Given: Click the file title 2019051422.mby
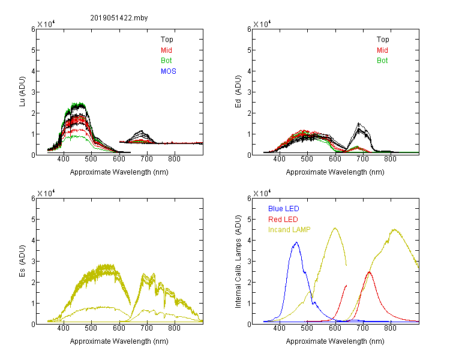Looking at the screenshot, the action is (119, 18).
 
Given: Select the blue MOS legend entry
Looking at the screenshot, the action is (169, 71).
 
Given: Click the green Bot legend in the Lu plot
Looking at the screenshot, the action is (166, 61).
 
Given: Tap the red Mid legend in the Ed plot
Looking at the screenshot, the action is (382, 50).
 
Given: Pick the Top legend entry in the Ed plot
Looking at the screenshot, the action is (383, 40).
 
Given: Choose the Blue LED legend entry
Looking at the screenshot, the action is (284, 209).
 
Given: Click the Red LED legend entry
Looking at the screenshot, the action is (283, 220).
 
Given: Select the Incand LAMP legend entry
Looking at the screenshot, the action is (289, 230).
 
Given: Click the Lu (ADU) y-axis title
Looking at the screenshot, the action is (22, 92).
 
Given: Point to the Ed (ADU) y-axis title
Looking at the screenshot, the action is (238, 92).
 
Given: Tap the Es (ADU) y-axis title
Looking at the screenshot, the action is (22, 261).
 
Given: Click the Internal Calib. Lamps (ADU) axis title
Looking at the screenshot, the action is (238, 262).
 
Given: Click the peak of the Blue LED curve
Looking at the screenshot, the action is (296, 242).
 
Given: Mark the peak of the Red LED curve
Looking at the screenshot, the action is (369, 272).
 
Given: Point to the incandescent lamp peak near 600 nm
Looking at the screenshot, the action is (335, 228).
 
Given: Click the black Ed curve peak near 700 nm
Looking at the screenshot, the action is (358, 123).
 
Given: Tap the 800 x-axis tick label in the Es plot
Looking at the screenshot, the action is (174, 328).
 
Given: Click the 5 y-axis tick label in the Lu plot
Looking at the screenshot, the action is (33, 50).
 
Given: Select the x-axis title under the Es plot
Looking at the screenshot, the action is (119, 341).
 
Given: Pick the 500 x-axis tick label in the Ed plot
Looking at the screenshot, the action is (307, 159).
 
